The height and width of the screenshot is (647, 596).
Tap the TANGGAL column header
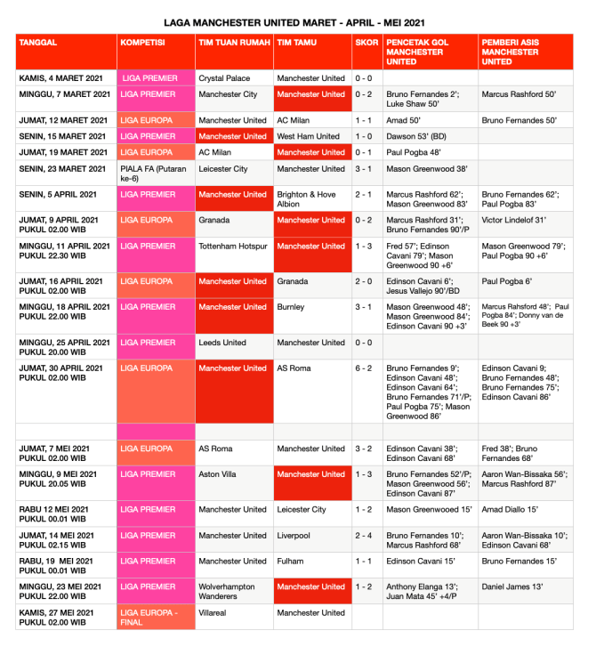[39, 42]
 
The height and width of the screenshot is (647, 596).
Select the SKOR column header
[366, 42]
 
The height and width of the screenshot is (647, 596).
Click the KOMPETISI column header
[142, 42]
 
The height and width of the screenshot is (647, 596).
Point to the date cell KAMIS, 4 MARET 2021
[61, 78]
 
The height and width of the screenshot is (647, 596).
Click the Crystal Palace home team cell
[224, 78]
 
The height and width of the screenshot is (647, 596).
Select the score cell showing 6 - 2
[366, 368]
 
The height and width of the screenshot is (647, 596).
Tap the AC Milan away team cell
[294, 120]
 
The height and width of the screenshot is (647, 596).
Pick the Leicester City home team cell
[222, 168]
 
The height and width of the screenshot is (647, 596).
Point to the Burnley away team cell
[291, 307]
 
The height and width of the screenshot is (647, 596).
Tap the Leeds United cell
[222, 343]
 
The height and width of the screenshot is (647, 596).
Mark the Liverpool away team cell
[293, 536]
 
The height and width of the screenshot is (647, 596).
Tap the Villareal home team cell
[216, 612]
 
